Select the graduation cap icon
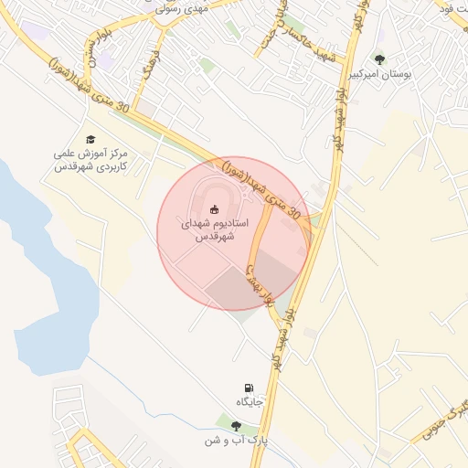(x=90, y=139)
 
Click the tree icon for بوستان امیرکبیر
(x=379, y=60)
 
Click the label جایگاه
(x=250, y=403)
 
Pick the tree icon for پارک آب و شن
(x=236, y=425)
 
